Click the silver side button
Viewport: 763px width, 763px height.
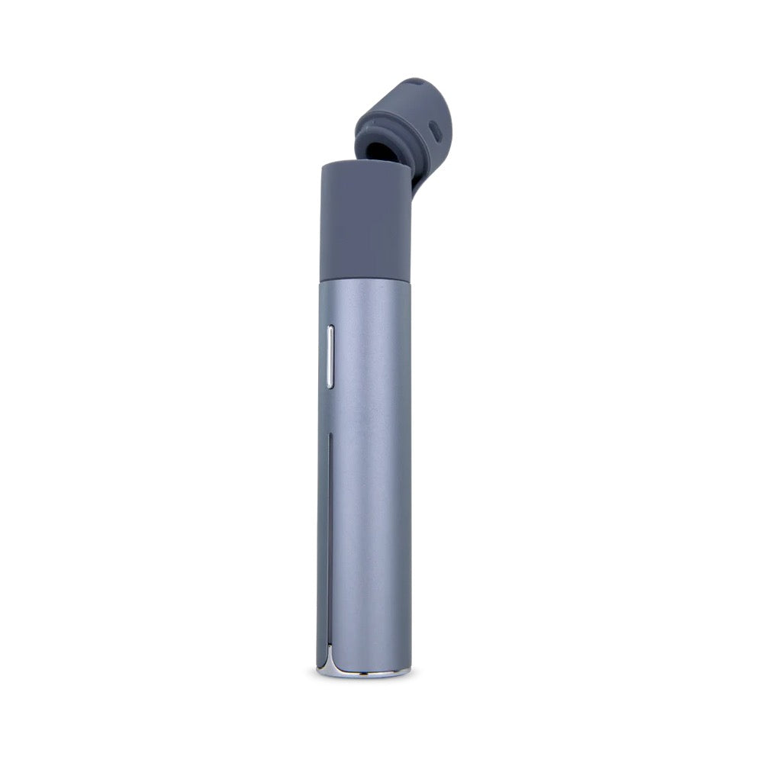[x=330, y=356]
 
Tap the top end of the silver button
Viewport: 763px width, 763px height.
[x=330, y=329]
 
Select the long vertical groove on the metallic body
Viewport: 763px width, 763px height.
[x=328, y=534]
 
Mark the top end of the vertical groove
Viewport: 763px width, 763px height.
[x=328, y=437]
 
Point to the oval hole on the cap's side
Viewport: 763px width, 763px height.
[x=435, y=132]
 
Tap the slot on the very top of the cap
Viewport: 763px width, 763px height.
[x=414, y=82]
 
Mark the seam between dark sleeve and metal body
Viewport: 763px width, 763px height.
[x=364, y=280]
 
